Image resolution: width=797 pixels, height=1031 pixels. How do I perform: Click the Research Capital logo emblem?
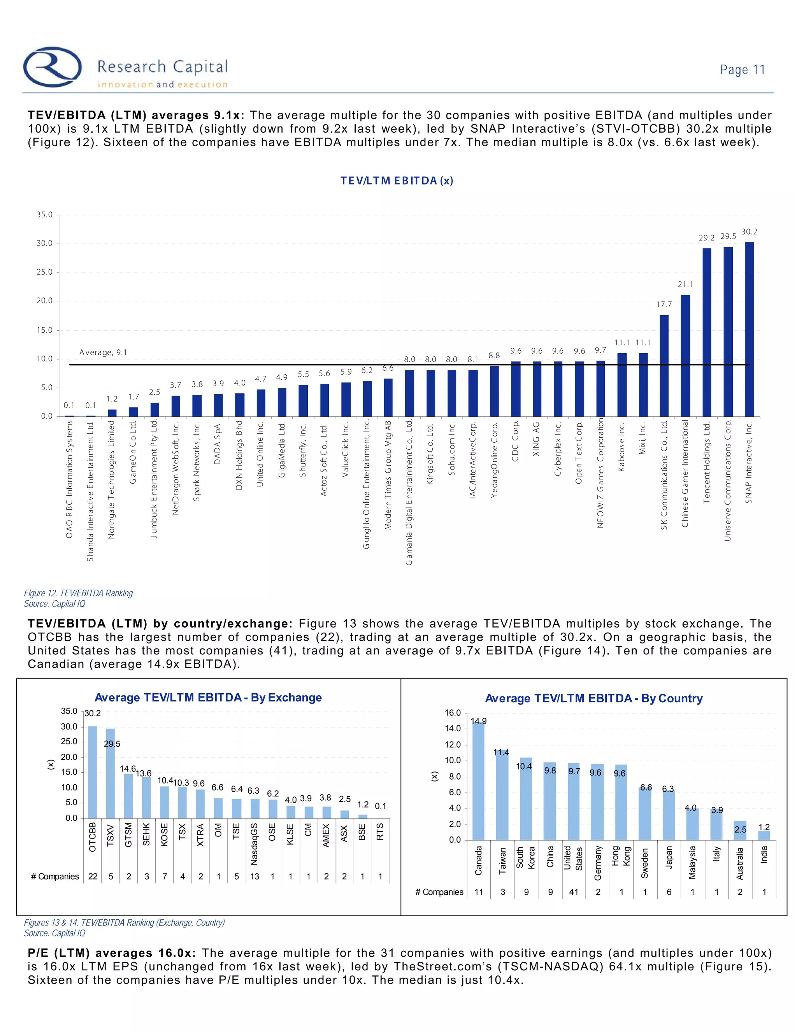pyautogui.click(x=53, y=67)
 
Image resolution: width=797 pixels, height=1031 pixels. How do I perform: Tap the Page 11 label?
pyautogui.click(x=742, y=70)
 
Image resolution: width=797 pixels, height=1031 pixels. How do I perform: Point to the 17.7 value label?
pyautogui.click(x=664, y=305)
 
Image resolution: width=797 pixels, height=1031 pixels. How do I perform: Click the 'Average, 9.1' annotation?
pyautogui.click(x=103, y=352)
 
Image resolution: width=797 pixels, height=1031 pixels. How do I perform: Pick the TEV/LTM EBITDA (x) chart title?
pyautogui.click(x=397, y=181)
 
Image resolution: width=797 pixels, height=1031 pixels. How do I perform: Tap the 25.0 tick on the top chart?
pyautogui.click(x=45, y=272)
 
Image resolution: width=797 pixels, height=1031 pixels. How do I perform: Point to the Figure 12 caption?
pyautogui.click(x=78, y=593)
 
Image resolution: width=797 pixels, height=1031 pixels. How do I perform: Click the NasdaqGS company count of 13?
pyautogui.click(x=255, y=877)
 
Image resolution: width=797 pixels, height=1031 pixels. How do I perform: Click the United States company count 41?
pyautogui.click(x=574, y=892)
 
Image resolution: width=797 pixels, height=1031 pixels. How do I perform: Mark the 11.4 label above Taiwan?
pyautogui.click(x=501, y=752)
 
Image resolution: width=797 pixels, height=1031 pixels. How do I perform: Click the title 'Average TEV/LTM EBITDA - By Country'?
pyautogui.click(x=593, y=699)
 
